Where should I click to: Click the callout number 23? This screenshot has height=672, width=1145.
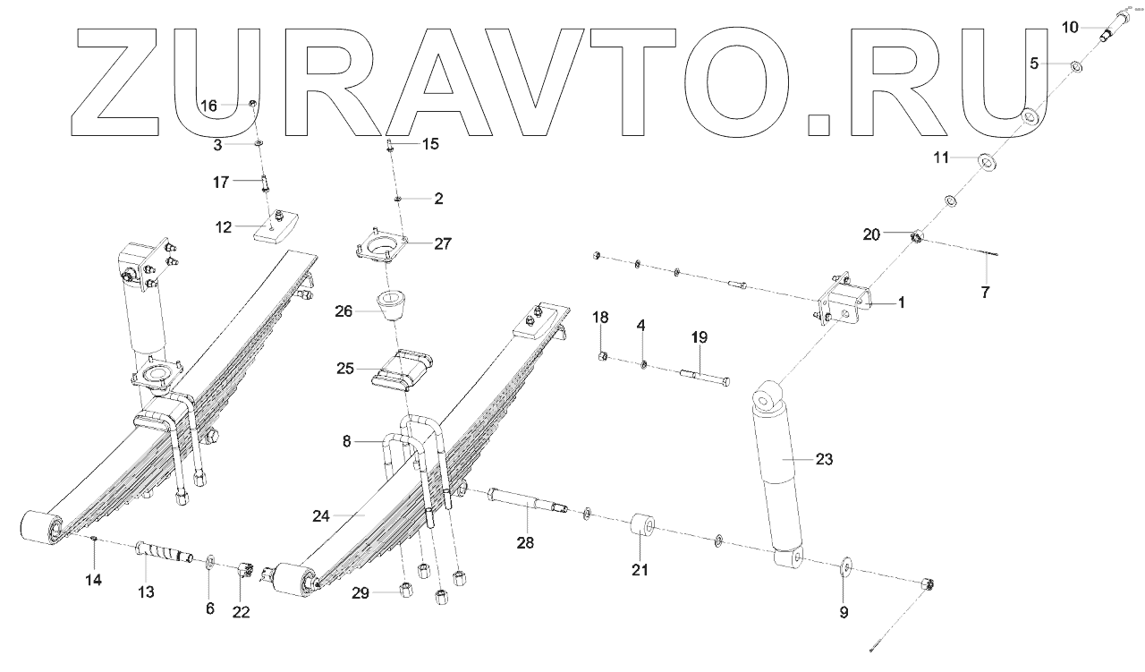[x=824, y=460]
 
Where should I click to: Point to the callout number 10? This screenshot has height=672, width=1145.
[x=1071, y=28]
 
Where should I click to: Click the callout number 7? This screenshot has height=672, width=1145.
[x=985, y=292]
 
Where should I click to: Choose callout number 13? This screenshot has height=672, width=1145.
[x=146, y=591]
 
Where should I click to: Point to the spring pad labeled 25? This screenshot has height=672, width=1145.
[x=403, y=370]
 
